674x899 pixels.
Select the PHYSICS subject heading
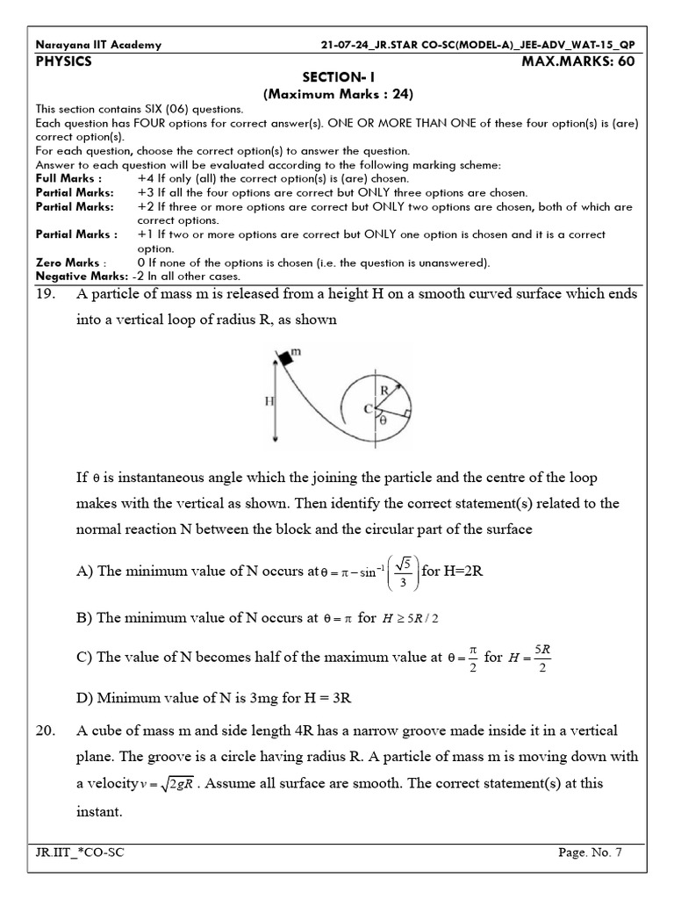[63, 61]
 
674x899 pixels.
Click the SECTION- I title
[338, 78]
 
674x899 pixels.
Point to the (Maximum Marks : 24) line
[338, 94]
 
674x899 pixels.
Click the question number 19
[47, 295]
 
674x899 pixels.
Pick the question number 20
[47, 730]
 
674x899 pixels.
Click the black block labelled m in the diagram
[284, 357]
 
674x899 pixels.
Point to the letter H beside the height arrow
[269, 399]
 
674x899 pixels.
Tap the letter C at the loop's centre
[368, 406]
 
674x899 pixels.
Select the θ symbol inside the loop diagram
[384, 421]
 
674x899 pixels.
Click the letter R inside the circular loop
[383, 387]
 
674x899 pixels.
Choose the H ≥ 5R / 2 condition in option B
[409, 618]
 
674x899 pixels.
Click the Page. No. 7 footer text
[589, 852]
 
